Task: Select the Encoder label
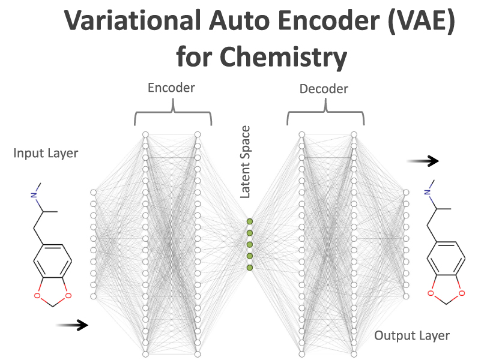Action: point(172,88)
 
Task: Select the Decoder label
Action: point(324,89)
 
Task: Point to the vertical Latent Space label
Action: point(245,162)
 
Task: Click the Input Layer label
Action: point(46,154)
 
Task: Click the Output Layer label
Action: point(412,335)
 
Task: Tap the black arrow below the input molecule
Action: point(71,325)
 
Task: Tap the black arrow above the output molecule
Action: point(423,161)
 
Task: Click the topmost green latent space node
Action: point(249,221)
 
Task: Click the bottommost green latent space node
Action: point(249,268)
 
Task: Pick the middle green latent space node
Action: point(249,245)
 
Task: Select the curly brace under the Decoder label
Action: point(326,113)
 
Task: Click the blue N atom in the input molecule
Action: point(35,194)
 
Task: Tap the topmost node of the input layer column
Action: point(93,192)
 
